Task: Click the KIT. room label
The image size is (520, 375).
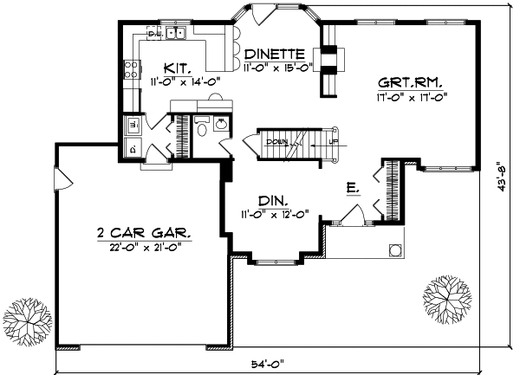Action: [177, 68]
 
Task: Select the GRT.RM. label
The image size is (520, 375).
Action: [410, 83]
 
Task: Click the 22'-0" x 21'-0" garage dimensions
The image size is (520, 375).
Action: [144, 249]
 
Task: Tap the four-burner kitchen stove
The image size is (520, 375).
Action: [133, 68]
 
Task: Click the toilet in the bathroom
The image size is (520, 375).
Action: [201, 131]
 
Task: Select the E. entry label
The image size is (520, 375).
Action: [353, 186]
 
